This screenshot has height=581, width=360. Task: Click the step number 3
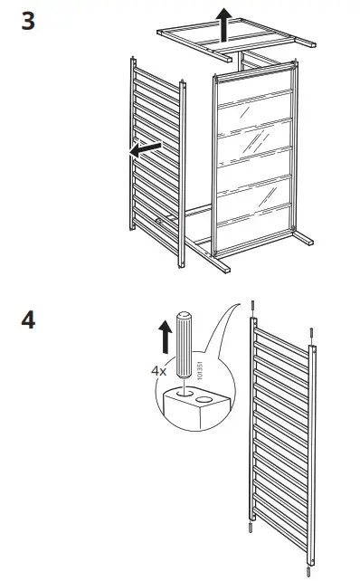tap(28, 21)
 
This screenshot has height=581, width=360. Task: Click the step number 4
tap(28, 320)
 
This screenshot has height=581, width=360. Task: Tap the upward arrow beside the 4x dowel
tap(164, 339)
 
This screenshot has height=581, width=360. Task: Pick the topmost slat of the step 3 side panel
tap(156, 81)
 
